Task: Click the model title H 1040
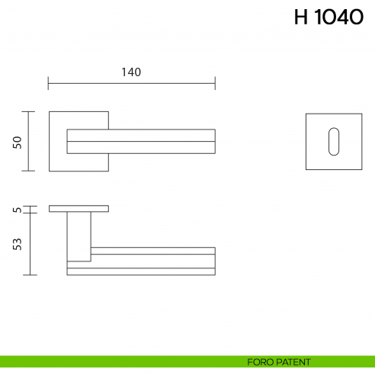click(x=329, y=18)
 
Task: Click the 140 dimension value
click(x=131, y=72)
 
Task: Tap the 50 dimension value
click(x=17, y=142)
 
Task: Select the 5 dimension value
click(x=17, y=209)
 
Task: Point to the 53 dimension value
click(x=17, y=244)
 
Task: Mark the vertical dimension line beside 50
click(x=29, y=142)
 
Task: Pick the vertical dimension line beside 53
click(x=29, y=244)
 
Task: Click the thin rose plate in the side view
click(x=79, y=208)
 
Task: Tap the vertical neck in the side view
click(x=79, y=236)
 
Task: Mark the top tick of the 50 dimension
click(x=29, y=112)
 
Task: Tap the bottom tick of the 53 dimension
click(x=29, y=274)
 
